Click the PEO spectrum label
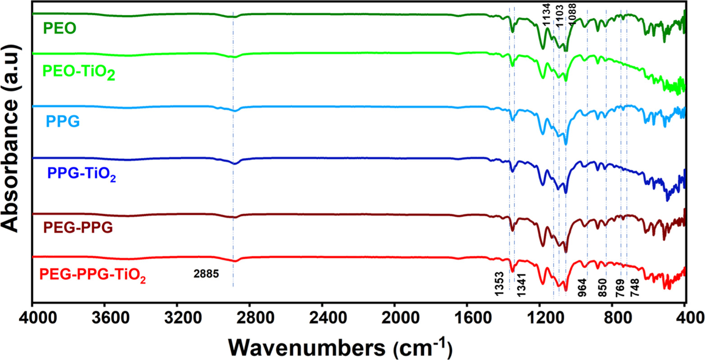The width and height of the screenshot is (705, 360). [59, 29]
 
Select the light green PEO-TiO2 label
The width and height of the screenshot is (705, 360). [79, 72]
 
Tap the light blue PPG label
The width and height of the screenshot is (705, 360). [63, 121]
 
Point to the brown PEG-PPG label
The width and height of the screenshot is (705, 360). [78, 228]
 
